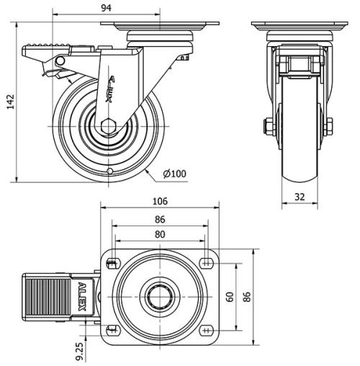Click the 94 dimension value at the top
pyautogui.click(x=106, y=8)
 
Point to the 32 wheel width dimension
pyautogui.click(x=300, y=195)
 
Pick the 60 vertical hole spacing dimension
pyautogui.click(x=230, y=296)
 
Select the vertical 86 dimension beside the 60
pyautogui.click(x=248, y=296)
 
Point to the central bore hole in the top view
pyautogui.click(x=158, y=297)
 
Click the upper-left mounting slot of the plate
pyautogui.click(x=111, y=264)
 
